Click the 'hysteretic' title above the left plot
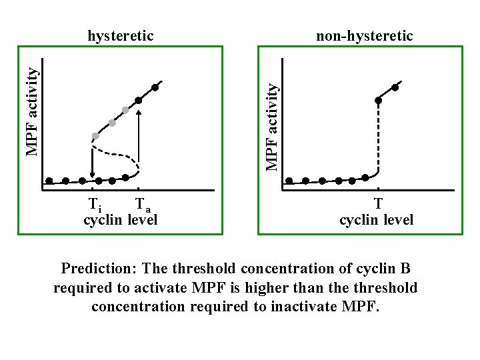pyautogui.click(x=121, y=35)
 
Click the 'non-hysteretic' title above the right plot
pyautogui.click(x=364, y=35)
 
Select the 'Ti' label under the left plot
pyautogui.click(x=95, y=204)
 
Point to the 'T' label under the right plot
pyautogui.click(x=378, y=204)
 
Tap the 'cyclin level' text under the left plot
pyautogui.click(x=121, y=219)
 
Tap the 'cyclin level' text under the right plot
pyautogui.click(x=376, y=219)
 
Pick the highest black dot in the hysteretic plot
pyautogui.click(x=155, y=87)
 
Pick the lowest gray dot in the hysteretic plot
pyautogui.click(x=95, y=136)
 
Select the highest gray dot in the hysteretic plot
pyautogui.click(x=125, y=110)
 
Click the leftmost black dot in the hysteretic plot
pyautogui.click(x=49, y=181)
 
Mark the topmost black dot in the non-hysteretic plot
pyautogui.click(x=395, y=87)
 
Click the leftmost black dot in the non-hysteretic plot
pyautogui.click(x=289, y=181)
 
